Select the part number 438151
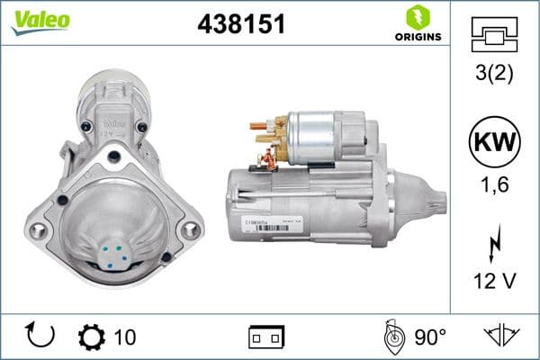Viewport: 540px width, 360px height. pos(240,24)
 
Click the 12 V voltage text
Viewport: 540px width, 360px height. pos(495,282)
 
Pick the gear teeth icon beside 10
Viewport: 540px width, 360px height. pos(92,337)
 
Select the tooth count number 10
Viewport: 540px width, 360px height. pos(125,337)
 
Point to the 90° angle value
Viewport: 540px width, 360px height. pos(429,337)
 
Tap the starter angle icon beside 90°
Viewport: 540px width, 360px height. pos(391,336)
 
